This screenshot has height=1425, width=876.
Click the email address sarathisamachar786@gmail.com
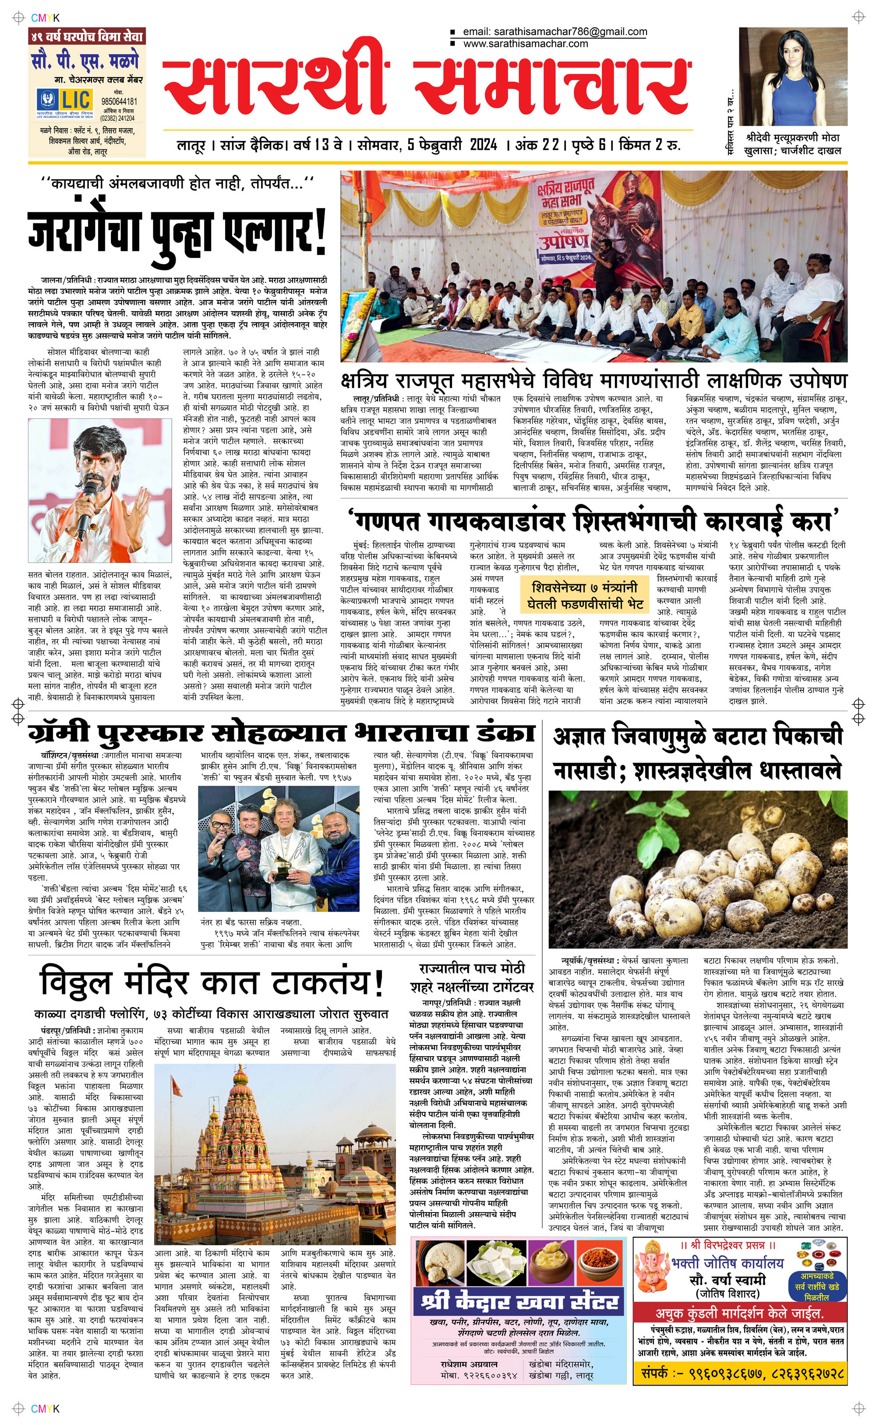[555, 32]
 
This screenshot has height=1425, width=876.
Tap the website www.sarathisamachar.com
[526, 43]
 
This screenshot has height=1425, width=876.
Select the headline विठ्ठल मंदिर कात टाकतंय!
[212, 983]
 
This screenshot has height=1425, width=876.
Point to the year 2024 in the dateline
[480, 145]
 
